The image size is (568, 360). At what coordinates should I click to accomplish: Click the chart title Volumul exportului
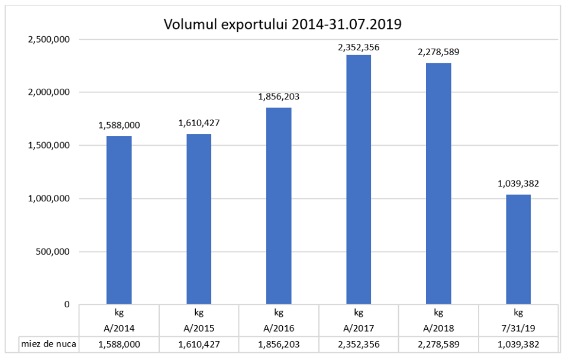[x=283, y=24]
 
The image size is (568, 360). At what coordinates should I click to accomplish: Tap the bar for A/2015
[x=199, y=219]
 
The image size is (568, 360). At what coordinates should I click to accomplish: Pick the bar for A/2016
[x=279, y=206]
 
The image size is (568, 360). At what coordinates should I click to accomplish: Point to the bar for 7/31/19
[x=518, y=249]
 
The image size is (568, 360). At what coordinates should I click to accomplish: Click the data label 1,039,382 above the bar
[x=518, y=184]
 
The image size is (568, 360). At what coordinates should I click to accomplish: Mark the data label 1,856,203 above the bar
[x=279, y=97]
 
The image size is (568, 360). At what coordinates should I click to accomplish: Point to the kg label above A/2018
[x=438, y=313]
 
